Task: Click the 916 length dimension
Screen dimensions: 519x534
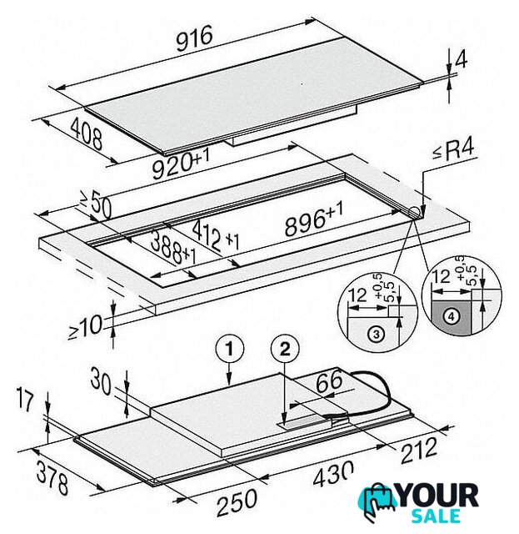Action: (x=195, y=38)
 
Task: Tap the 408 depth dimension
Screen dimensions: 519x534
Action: (x=87, y=133)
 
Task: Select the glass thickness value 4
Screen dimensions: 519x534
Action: (x=461, y=60)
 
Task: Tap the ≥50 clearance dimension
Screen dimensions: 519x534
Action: (x=96, y=204)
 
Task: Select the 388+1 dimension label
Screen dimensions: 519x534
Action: (x=172, y=248)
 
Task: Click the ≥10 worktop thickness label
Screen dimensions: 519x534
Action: (x=85, y=326)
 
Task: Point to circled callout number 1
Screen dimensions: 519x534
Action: (x=230, y=350)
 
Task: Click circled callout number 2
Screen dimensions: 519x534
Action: (x=285, y=350)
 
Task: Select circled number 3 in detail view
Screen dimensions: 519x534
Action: (x=377, y=334)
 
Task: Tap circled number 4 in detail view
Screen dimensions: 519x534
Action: (x=452, y=317)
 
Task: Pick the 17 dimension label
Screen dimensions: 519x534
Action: (x=26, y=401)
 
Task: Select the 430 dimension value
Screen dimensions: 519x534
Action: (x=333, y=473)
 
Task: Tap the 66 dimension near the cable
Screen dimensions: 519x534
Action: (x=329, y=380)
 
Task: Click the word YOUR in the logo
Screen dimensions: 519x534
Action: (x=438, y=496)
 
